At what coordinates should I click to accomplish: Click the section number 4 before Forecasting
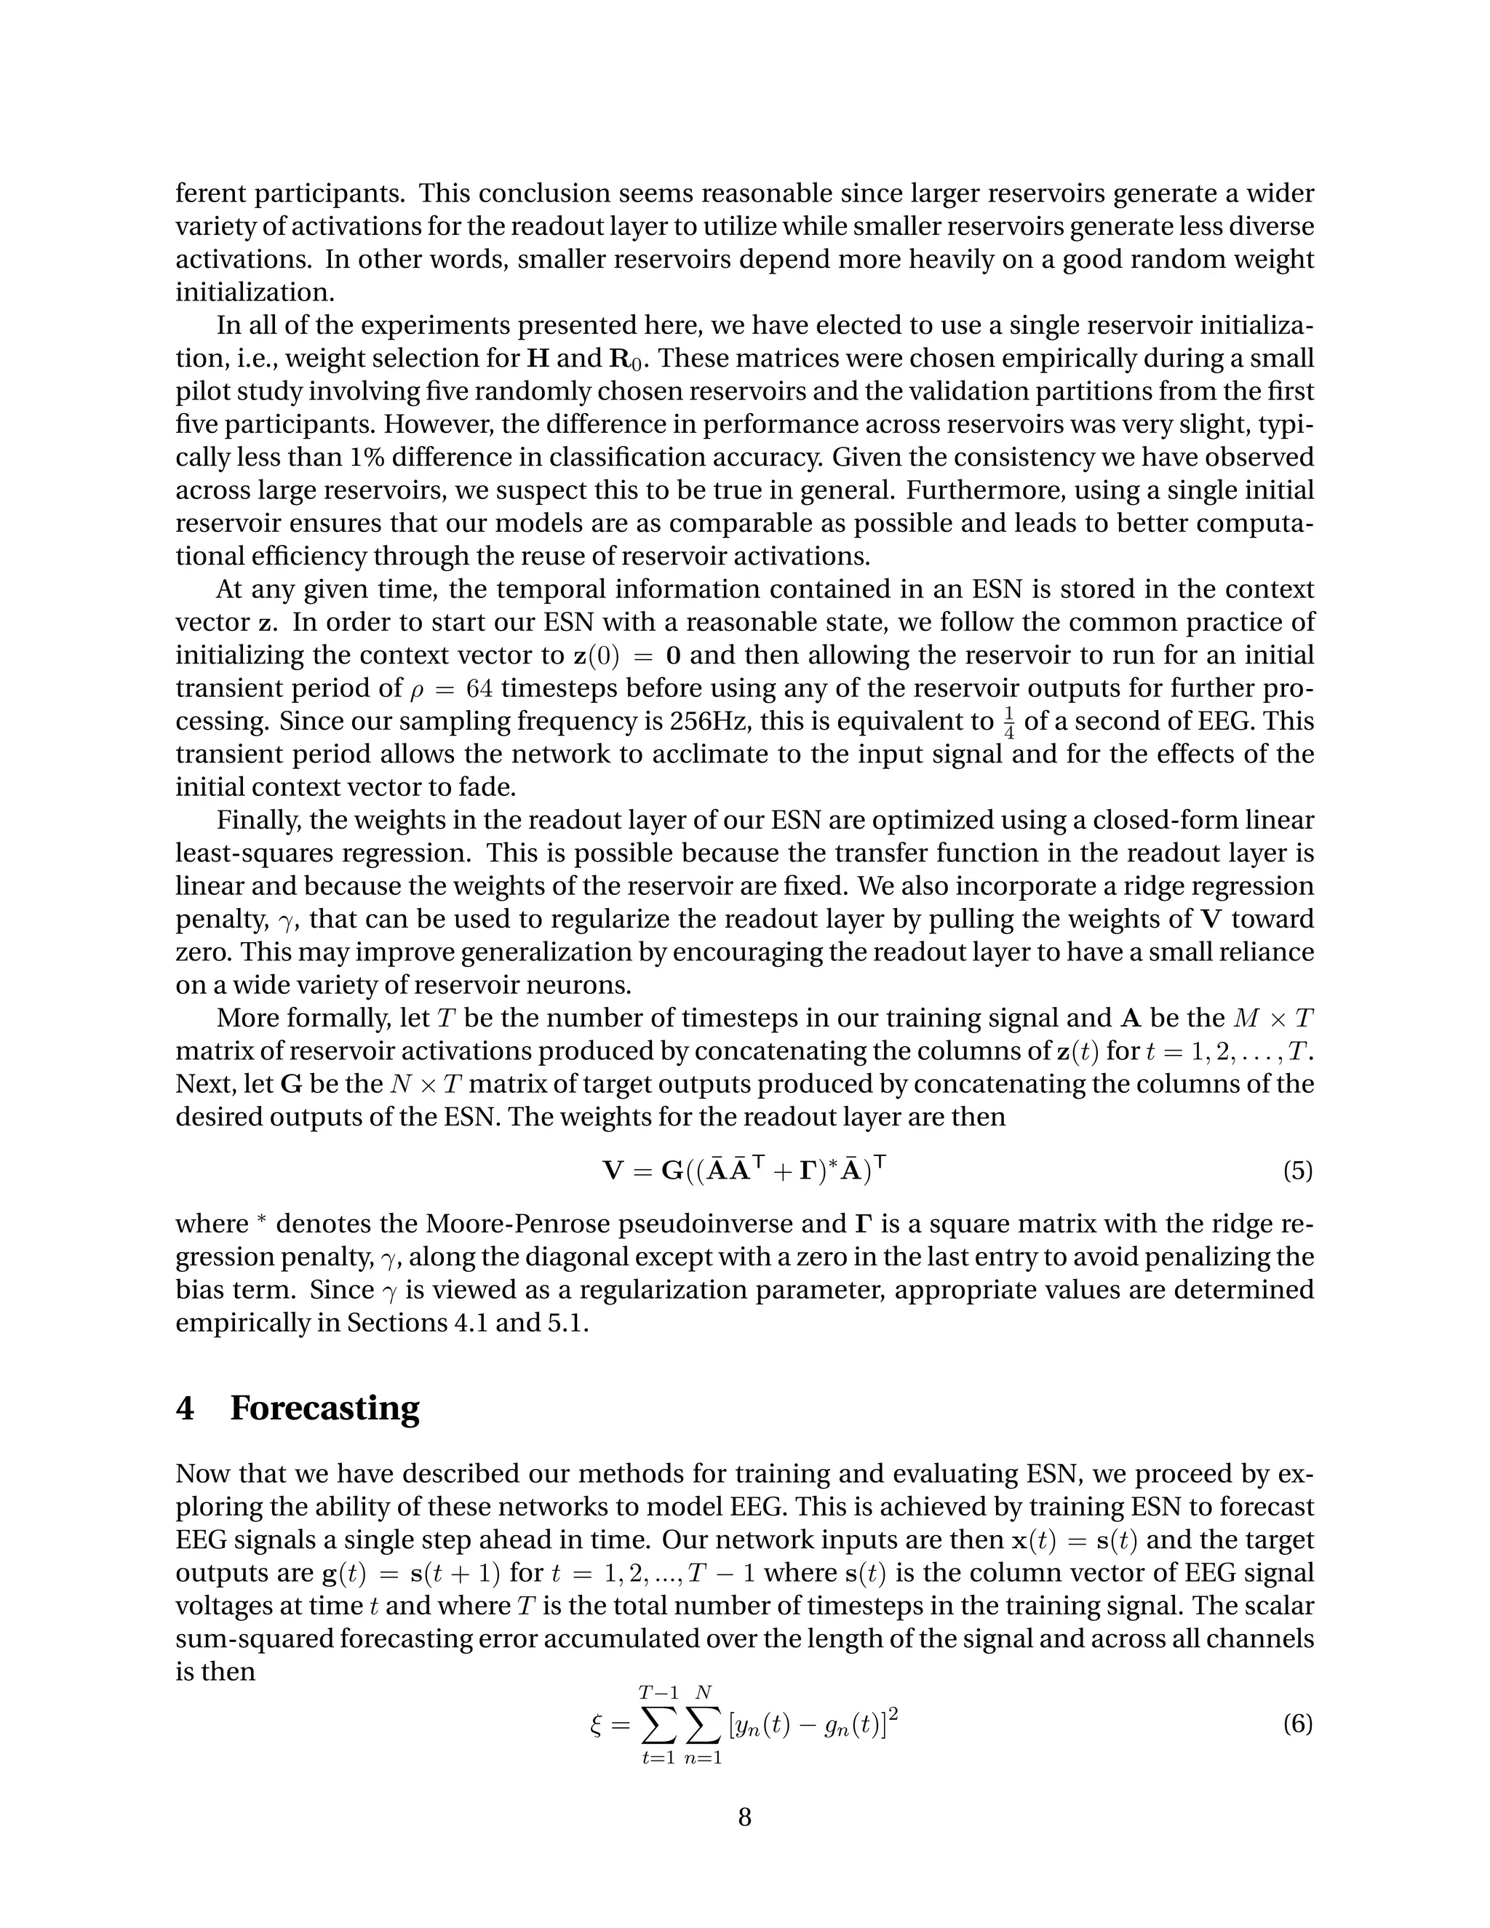click(x=185, y=1408)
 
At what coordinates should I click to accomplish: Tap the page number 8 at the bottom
click(x=744, y=1817)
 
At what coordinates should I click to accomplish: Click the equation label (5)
click(x=1296, y=1171)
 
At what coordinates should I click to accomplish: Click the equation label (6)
click(x=1296, y=1724)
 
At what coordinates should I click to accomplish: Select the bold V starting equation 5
click(x=613, y=1171)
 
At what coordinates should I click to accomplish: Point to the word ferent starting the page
click(x=210, y=194)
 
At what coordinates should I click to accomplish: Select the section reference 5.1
click(x=567, y=1323)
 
